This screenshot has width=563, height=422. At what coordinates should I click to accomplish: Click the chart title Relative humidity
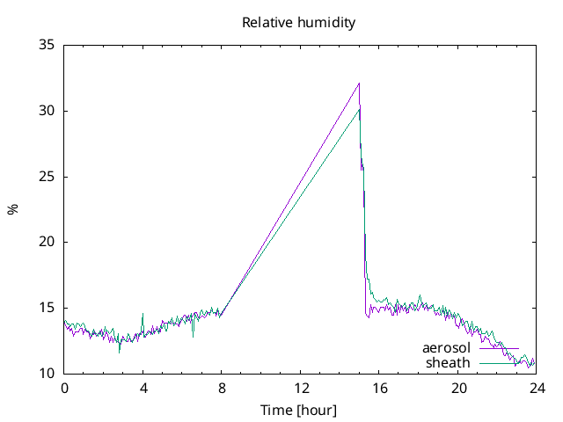(x=298, y=23)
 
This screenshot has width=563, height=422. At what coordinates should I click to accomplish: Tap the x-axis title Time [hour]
(x=298, y=410)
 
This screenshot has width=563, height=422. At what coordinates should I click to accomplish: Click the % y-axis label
(x=12, y=209)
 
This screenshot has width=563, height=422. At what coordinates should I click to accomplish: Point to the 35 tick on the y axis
(x=48, y=45)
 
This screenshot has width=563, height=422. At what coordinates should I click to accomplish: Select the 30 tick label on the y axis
(x=48, y=111)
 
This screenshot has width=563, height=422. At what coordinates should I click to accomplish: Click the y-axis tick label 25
(x=48, y=177)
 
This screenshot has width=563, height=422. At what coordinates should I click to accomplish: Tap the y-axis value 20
(x=48, y=242)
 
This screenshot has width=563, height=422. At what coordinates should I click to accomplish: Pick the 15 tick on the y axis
(x=48, y=308)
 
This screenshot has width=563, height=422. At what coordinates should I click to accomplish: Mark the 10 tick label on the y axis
(x=48, y=373)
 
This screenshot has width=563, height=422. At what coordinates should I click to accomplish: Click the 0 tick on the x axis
(x=64, y=387)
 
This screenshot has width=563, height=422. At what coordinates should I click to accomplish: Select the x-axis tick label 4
(x=143, y=387)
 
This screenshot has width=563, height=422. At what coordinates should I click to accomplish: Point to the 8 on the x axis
(x=222, y=387)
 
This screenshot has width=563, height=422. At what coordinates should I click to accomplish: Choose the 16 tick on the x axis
(x=379, y=387)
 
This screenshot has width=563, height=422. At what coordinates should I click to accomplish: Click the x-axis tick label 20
(x=457, y=387)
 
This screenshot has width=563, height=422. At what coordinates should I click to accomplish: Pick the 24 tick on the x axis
(x=536, y=387)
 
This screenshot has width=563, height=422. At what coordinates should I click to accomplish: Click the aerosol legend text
(x=446, y=349)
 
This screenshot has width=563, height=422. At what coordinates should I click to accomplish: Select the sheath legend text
(x=448, y=362)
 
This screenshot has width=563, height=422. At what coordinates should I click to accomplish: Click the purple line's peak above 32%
(x=359, y=84)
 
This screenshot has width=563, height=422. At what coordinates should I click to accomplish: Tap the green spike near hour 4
(x=143, y=314)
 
